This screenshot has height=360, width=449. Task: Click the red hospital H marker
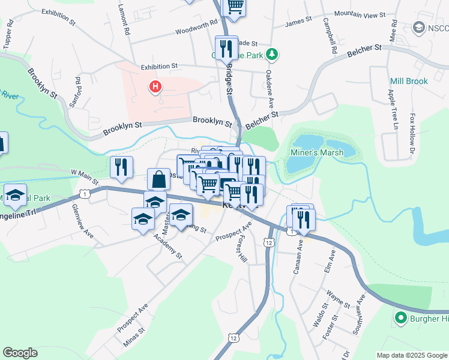(155, 88)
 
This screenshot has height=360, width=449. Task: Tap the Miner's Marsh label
(318, 152)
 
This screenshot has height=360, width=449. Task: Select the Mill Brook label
(409, 81)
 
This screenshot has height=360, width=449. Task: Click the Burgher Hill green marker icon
(399, 318)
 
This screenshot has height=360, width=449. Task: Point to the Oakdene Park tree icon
(273, 55)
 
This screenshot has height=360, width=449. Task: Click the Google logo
(20, 353)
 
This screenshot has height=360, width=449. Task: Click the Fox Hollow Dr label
(412, 131)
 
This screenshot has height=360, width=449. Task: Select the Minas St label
(133, 337)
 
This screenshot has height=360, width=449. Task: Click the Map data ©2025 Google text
(412, 355)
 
